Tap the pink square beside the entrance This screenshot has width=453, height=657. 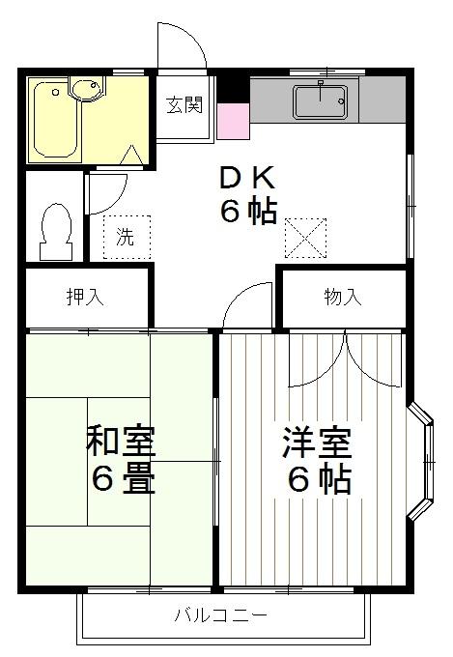(233, 119)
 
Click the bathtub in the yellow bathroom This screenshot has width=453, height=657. (55, 120)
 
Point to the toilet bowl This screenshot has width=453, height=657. (56, 229)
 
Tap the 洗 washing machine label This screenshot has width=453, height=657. (126, 237)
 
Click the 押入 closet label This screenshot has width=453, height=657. (84, 298)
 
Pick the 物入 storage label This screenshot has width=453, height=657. (342, 298)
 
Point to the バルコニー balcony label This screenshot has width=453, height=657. (221, 614)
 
